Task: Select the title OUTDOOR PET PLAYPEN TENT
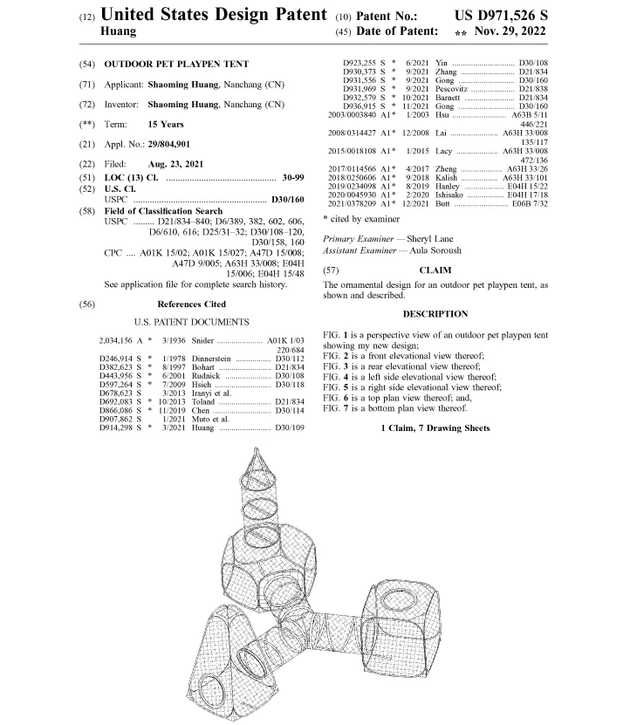click(176, 64)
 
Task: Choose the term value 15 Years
click(166, 125)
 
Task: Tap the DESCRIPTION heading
click(435, 314)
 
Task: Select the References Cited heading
click(191, 304)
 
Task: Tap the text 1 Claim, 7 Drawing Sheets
click(435, 427)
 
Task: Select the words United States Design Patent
click(214, 15)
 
